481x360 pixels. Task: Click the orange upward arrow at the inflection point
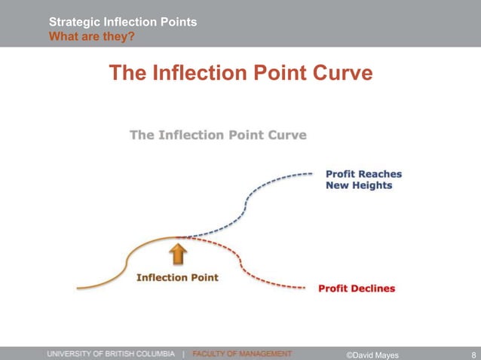(x=177, y=254)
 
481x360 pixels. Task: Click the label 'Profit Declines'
(x=357, y=288)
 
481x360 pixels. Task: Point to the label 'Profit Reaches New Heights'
(x=363, y=179)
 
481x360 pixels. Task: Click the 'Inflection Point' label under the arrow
(x=177, y=277)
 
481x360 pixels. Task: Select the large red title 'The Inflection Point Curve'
(x=240, y=73)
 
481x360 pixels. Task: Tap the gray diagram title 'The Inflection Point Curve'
(x=218, y=136)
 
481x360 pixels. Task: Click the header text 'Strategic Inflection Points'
(x=123, y=22)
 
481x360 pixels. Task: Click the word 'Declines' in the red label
(x=372, y=288)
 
